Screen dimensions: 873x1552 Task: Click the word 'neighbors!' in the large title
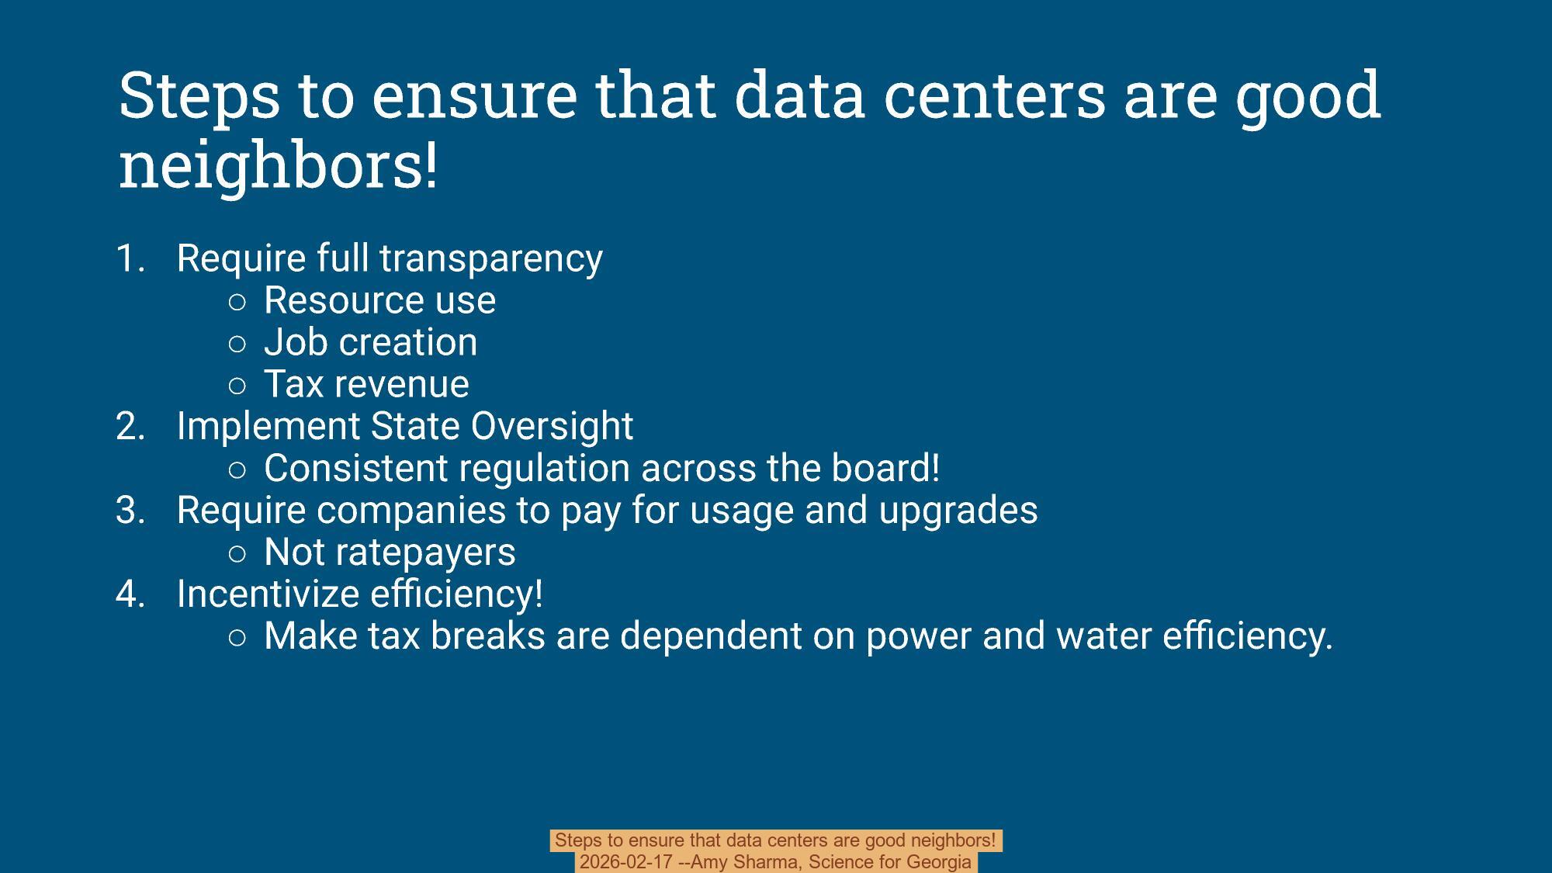278,165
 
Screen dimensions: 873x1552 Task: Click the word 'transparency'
490,258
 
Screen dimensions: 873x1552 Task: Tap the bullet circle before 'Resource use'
238,301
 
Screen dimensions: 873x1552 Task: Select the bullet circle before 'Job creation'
238,343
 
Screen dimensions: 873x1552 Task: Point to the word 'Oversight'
552,426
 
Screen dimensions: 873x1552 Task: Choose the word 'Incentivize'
268,594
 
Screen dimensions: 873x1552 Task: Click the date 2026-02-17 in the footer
625,862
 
